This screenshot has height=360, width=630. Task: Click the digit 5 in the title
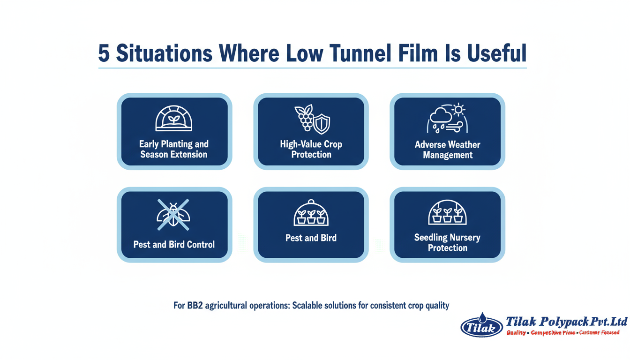pyautogui.click(x=104, y=53)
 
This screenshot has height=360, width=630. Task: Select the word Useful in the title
pyautogui.click(x=497, y=53)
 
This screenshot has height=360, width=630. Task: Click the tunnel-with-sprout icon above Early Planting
pyautogui.click(x=174, y=119)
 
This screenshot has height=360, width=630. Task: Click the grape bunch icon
pyautogui.click(x=304, y=118)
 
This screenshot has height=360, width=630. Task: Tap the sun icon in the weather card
pyautogui.click(x=458, y=110)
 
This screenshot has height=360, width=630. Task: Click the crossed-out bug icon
pyautogui.click(x=173, y=215)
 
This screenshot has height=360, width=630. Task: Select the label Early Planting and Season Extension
pyautogui.click(x=174, y=149)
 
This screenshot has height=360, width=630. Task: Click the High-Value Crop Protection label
pyautogui.click(x=311, y=150)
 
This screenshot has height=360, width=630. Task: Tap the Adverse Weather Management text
pyautogui.click(x=448, y=150)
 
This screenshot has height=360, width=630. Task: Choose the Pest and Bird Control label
pyautogui.click(x=174, y=244)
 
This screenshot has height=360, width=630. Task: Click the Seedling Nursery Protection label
pyautogui.click(x=447, y=243)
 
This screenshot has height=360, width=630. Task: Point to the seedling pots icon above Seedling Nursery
pyautogui.click(x=447, y=212)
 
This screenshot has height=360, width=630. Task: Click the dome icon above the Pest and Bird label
pyautogui.click(x=311, y=213)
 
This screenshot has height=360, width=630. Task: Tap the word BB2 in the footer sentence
pyautogui.click(x=195, y=306)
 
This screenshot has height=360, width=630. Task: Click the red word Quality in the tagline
pyautogui.click(x=516, y=333)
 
